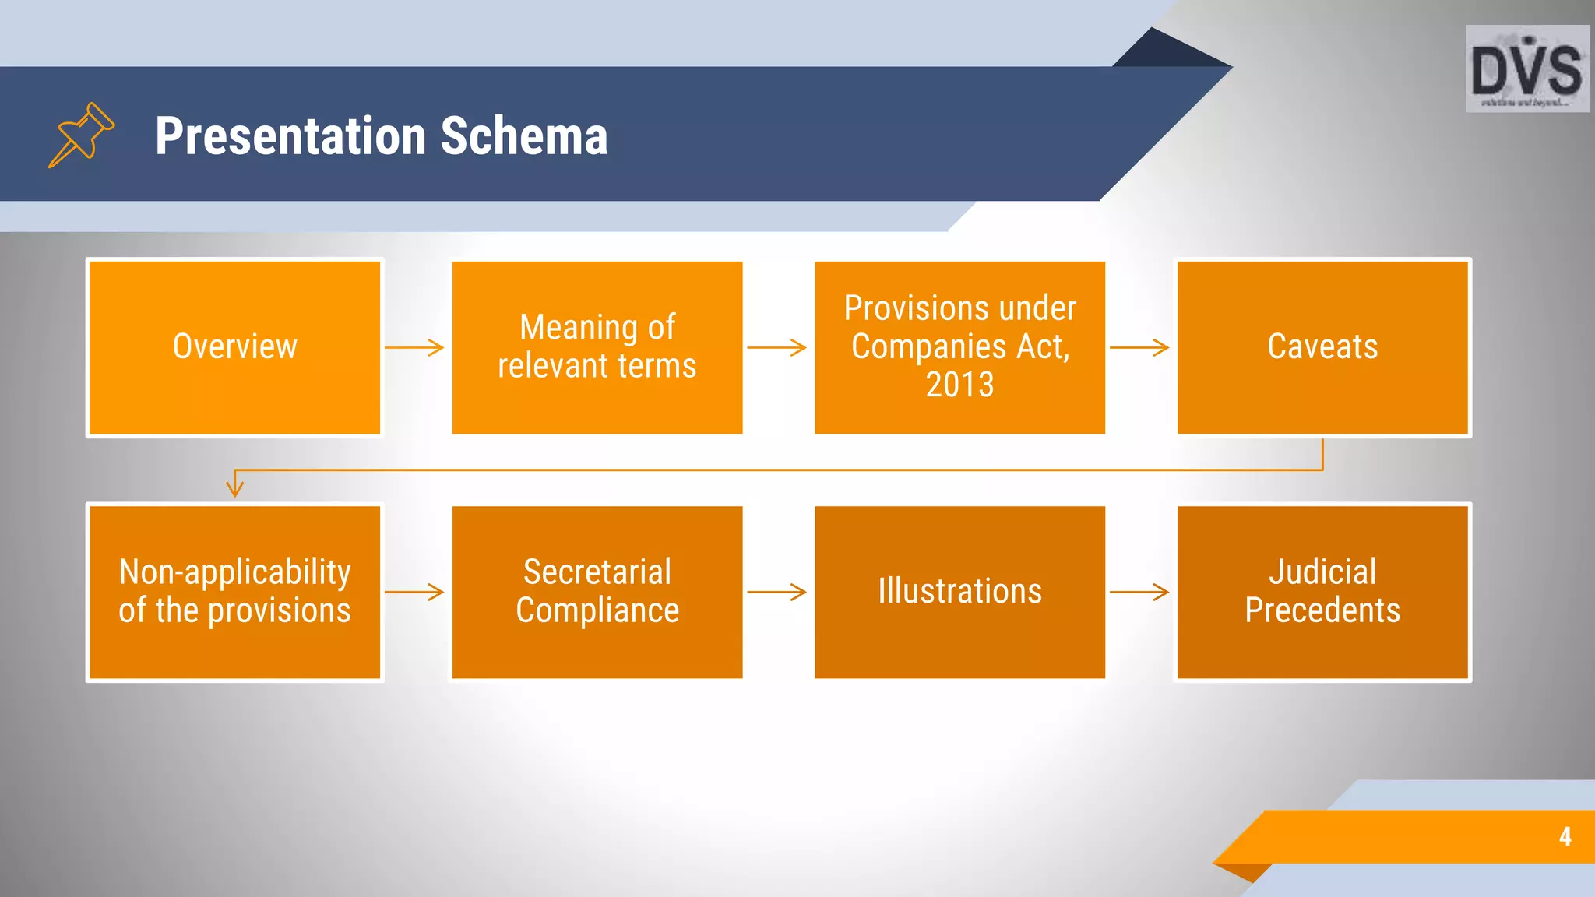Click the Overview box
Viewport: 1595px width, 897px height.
pyautogui.click(x=234, y=347)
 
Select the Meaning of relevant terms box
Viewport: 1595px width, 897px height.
pyautogui.click(x=597, y=347)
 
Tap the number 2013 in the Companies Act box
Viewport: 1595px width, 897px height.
pyautogui.click(x=959, y=385)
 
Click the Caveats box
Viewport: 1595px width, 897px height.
pyautogui.click(x=1322, y=347)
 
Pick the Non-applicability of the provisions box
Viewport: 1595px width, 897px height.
pyautogui.click(x=234, y=592)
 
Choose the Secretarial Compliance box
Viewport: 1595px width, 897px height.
pyautogui.click(x=597, y=592)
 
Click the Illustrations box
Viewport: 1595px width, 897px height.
pyautogui.click(x=959, y=592)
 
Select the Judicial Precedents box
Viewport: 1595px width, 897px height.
pyautogui.click(x=1322, y=592)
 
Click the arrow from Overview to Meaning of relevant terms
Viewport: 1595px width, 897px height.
pyautogui.click(x=414, y=347)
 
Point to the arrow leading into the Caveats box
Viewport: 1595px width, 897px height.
pyautogui.click(x=1139, y=347)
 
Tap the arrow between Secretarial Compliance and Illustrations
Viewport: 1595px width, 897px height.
pyautogui.click(x=776, y=592)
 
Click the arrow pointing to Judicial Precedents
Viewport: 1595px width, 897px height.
pyautogui.click(x=1139, y=592)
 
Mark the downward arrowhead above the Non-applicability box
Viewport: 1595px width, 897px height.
pyautogui.click(x=234, y=487)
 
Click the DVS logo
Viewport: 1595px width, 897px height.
pyautogui.click(x=1527, y=69)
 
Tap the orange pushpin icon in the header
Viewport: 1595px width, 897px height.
pyautogui.click(x=81, y=135)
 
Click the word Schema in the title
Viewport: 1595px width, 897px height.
pyautogui.click(x=523, y=136)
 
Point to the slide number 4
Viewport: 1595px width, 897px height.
pyautogui.click(x=1565, y=836)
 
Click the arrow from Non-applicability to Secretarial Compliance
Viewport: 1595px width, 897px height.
pyautogui.click(x=414, y=592)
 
